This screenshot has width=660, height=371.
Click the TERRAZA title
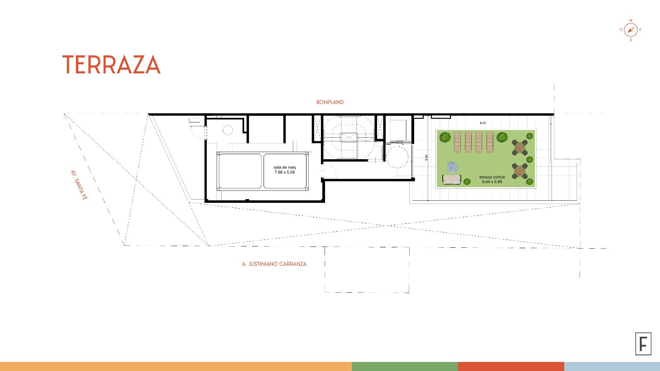111,64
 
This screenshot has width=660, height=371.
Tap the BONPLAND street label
330,102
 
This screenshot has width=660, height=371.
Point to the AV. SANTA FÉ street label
79,185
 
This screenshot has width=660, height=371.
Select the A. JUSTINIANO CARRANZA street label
274,264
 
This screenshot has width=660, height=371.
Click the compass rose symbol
631,30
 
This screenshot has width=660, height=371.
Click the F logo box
643,344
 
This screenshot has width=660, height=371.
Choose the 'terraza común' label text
492,177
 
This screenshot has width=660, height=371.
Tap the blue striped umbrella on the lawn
452,167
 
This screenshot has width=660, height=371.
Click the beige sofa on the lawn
452,180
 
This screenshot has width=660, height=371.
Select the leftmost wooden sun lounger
457,142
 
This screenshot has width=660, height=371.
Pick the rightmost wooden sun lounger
490,142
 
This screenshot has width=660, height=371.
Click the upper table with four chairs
520,147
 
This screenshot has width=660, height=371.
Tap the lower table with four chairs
520,171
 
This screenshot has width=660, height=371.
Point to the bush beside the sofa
467,181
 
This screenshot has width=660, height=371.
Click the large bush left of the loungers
445,137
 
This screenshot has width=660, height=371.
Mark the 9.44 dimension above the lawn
483,123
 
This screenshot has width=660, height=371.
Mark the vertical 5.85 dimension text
427,157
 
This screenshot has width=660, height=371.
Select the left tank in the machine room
240,171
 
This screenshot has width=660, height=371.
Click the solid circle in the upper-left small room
227,130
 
